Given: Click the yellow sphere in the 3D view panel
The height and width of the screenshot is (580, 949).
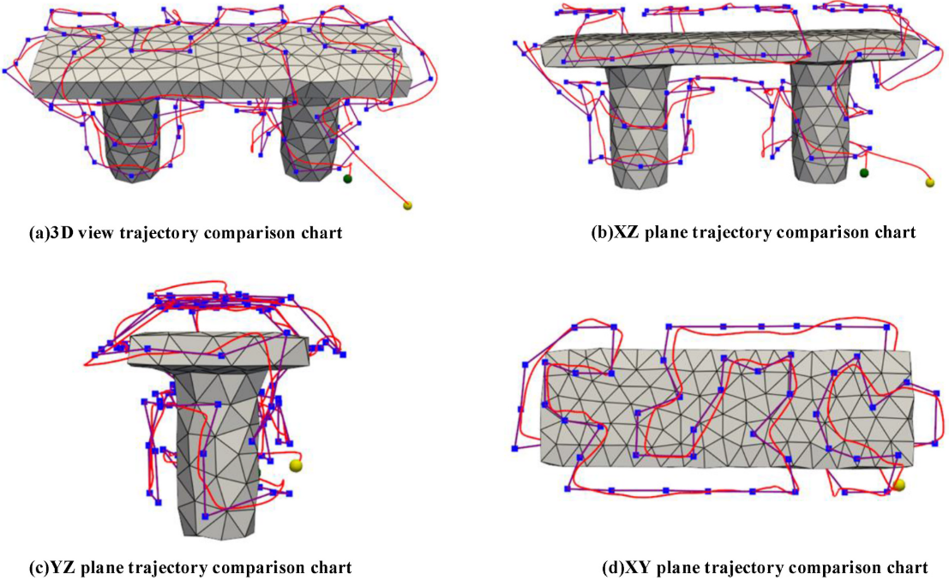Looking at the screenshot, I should point(407,206).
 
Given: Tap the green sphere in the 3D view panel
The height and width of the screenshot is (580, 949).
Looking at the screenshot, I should point(348,179).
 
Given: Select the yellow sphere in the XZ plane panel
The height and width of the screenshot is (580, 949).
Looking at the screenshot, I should point(930,182).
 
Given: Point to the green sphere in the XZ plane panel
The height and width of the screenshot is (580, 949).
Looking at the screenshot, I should point(865,173).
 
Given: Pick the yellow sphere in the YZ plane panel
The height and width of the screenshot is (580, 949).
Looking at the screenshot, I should point(297,465).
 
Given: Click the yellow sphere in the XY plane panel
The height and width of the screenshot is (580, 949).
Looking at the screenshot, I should point(898,486).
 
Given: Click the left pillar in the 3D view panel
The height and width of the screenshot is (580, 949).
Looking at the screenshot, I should point(129,137).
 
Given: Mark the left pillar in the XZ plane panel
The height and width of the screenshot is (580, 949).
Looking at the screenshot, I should point(638,129).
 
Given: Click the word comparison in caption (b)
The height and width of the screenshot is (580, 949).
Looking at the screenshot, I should point(826,232).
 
